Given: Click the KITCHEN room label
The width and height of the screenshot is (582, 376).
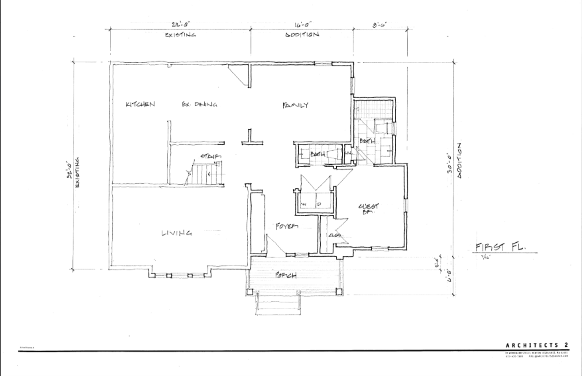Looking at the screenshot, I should pos(140,105).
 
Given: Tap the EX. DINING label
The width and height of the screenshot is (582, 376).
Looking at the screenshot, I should pos(200,105).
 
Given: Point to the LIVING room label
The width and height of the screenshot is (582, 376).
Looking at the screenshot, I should pos(177,232).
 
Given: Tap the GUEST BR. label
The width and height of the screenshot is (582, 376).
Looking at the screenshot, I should pos(368,210).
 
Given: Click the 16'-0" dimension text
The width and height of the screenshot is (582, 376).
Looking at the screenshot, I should pos(302,24).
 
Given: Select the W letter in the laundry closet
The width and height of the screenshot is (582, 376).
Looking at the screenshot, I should pos(304,205).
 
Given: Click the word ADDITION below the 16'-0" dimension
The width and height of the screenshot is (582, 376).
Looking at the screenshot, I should pos(302,35).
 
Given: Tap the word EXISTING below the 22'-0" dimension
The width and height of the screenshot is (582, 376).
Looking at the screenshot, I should pos(180,35).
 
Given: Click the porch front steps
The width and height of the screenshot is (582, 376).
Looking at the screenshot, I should pos(277,304).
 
